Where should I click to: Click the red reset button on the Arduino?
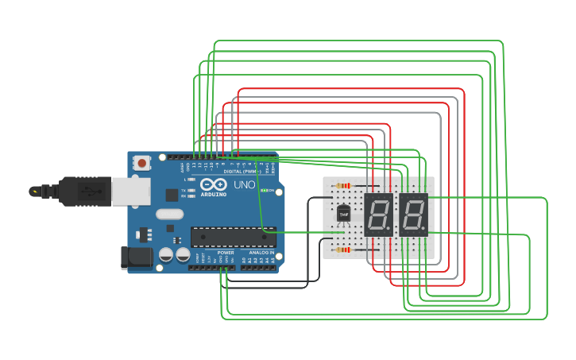141,163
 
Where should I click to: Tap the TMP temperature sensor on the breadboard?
343,214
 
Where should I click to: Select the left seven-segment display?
378,214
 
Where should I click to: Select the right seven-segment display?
413,214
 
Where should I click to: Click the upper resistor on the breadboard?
344,186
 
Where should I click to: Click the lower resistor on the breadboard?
344,250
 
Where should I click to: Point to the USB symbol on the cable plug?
91,192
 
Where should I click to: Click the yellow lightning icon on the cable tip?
35,192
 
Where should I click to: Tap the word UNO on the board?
244,185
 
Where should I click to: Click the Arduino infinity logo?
214,184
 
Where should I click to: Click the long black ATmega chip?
233,236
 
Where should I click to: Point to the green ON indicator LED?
264,191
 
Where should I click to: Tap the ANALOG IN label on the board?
261,253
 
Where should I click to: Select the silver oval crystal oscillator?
169,214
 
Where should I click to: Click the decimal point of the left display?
390,230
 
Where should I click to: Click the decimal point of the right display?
425,230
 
